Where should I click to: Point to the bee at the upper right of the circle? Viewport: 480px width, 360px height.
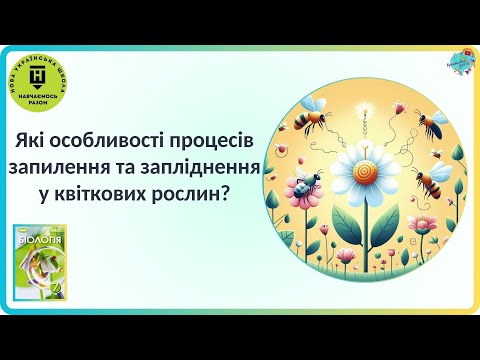click(x=429, y=124)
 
